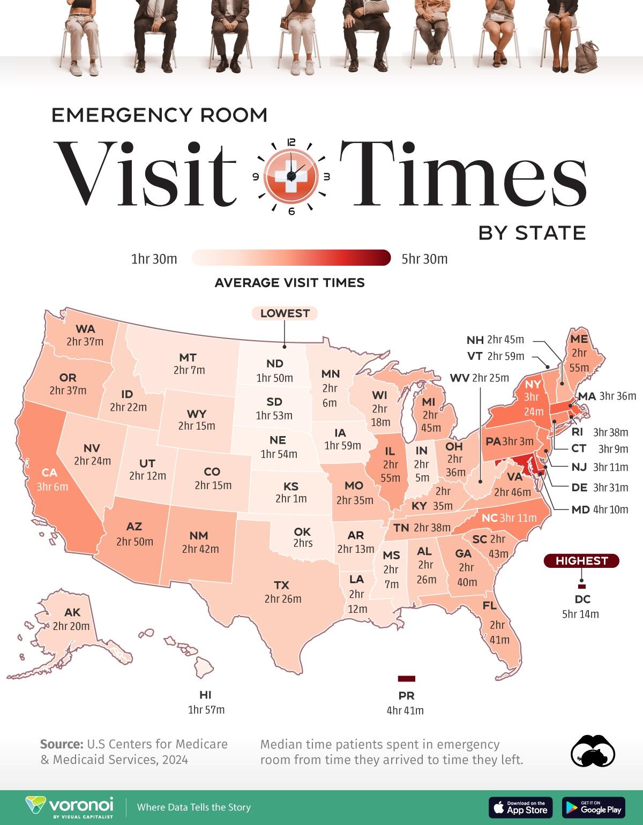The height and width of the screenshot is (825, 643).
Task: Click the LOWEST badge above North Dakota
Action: coord(285,313)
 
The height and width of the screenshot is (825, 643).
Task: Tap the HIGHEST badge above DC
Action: coord(581,561)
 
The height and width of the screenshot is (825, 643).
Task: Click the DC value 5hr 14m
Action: coord(580,614)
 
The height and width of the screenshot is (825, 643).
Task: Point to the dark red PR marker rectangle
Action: coord(406,679)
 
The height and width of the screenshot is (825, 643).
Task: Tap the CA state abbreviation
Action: coord(49,472)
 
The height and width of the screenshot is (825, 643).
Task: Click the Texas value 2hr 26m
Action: coord(283,599)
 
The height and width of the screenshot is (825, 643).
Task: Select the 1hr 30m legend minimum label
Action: coord(154,259)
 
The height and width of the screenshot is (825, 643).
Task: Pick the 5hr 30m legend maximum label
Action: coord(424,259)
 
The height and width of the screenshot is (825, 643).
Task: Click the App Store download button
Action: coord(520,807)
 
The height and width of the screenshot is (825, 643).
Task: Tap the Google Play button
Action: coord(594,807)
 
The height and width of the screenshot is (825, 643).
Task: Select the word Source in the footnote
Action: coord(61,744)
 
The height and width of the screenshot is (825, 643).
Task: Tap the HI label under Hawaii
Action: coord(205,695)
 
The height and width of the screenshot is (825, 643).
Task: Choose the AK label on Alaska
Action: coord(72,613)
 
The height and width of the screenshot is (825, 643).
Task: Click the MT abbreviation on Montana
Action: coord(188,357)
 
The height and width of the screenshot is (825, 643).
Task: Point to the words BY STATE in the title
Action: coord(532,233)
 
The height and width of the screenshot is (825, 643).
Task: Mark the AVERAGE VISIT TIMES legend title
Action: coord(289,283)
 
